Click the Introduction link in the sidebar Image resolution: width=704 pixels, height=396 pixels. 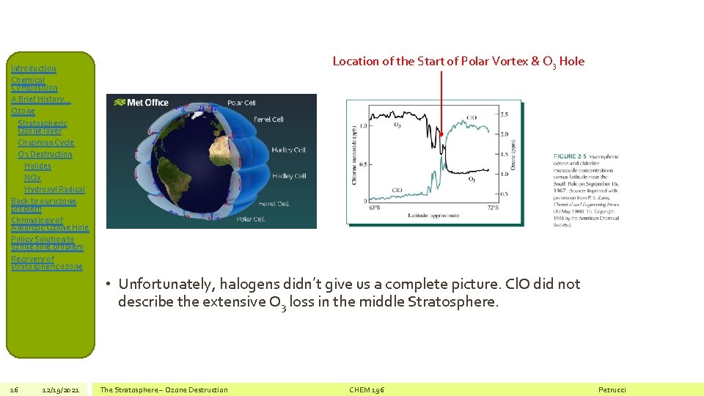(33, 68)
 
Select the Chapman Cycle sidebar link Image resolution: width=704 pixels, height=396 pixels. (45, 142)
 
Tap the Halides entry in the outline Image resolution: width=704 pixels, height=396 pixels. (37, 166)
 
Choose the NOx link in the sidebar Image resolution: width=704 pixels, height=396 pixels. (32, 177)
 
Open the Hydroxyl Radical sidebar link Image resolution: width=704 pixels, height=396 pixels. (54, 189)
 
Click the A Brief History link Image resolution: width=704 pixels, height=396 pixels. (38, 99)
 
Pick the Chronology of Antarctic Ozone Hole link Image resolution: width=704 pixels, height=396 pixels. (49, 224)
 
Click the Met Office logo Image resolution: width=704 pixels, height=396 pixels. (142, 103)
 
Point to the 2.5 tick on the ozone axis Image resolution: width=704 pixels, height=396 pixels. (504, 114)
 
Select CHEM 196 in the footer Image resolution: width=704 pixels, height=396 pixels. (367, 389)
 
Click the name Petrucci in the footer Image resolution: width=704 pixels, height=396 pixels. (612, 389)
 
